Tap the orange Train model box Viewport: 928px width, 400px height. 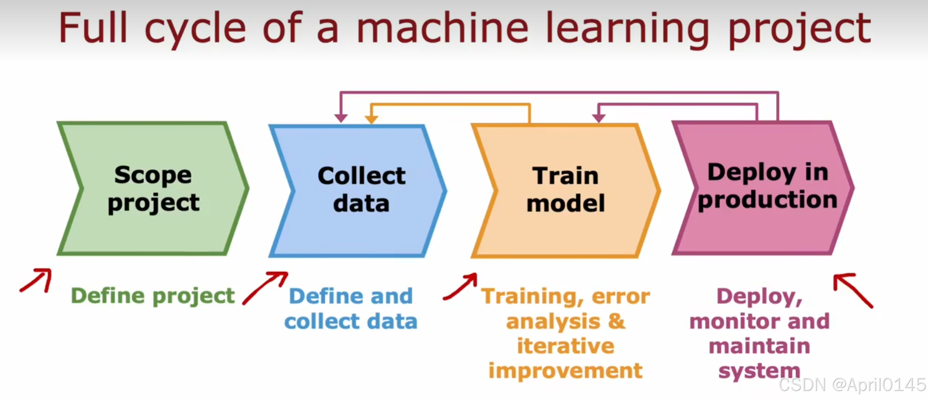566,190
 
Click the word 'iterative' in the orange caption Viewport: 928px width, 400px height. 566,346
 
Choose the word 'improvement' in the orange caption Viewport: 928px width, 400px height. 566,371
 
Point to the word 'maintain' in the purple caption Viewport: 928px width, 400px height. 759,346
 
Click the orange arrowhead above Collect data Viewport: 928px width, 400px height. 371,119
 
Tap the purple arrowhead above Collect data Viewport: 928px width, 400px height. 341,118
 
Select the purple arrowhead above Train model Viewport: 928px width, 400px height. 598,118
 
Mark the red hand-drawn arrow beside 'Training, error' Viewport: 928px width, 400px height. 461,287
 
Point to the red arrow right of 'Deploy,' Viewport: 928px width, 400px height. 852,290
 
